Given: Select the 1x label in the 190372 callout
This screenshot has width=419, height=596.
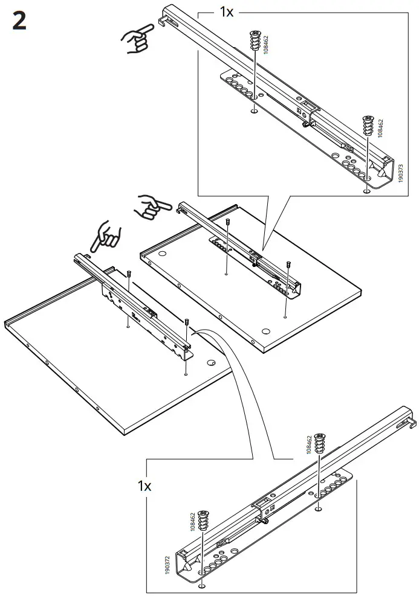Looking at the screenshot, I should coord(144,485).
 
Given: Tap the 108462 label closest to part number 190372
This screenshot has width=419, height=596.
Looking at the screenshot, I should coord(192,521).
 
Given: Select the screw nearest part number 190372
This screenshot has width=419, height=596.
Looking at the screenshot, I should coord(203,525).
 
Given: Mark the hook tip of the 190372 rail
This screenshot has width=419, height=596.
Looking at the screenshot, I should coord(414,426).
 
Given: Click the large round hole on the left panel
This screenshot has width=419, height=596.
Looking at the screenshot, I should coord(211,363).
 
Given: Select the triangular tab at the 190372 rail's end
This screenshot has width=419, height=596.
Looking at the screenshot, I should coord(185,568).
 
